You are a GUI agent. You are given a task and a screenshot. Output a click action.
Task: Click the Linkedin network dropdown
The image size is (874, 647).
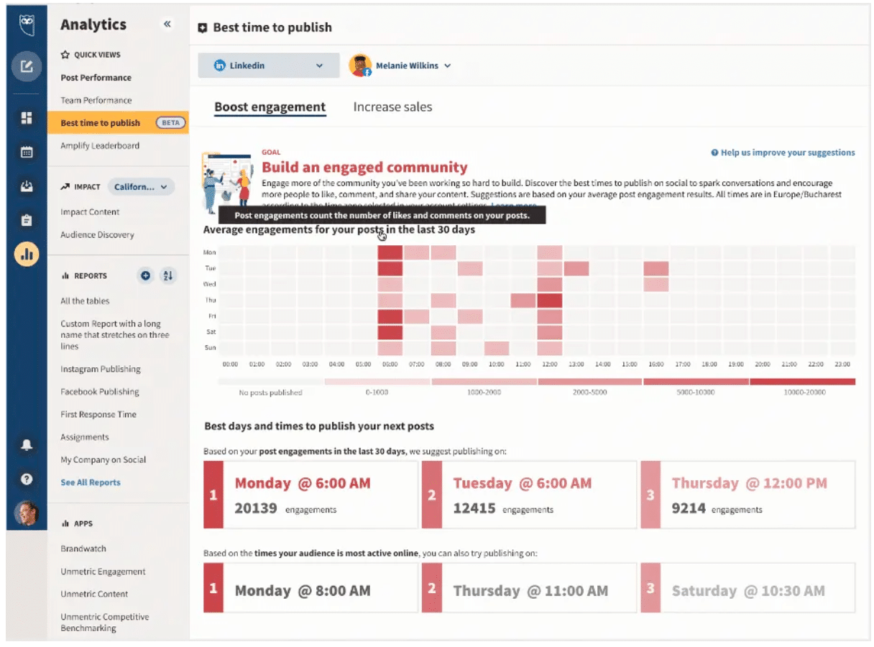tap(269, 65)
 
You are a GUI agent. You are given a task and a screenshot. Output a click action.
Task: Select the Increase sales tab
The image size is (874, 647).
tap(392, 107)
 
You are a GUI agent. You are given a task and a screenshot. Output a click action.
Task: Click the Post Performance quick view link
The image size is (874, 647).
tap(96, 78)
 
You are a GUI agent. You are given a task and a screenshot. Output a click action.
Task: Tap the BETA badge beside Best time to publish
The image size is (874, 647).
tap(171, 123)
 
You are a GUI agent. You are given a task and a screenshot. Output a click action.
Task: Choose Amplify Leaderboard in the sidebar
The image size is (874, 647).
tap(100, 146)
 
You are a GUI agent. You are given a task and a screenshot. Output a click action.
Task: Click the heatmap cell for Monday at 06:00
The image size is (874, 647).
tap(390, 252)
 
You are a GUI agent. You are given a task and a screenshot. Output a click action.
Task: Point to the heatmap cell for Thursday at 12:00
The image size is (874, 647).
tap(549, 300)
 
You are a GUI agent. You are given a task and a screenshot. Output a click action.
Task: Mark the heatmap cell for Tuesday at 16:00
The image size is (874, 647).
tap(655, 268)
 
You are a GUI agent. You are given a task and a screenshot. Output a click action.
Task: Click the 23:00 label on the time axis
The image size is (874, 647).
tap(842, 364)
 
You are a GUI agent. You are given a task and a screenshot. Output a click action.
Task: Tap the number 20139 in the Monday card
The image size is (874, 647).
tap(256, 508)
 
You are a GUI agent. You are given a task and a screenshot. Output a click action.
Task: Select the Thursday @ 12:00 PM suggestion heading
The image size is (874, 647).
tap(749, 483)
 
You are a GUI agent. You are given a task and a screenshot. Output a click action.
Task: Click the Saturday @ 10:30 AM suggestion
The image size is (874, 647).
tap(747, 591)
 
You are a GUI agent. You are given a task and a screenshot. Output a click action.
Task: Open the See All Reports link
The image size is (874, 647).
tap(91, 482)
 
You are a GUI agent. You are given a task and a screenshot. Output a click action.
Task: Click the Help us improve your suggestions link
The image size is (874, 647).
tap(783, 152)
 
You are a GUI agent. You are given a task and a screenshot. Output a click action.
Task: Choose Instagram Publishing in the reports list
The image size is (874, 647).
tap(101, 370)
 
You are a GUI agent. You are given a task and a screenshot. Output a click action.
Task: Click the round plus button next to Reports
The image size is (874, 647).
tap(146, 275)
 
